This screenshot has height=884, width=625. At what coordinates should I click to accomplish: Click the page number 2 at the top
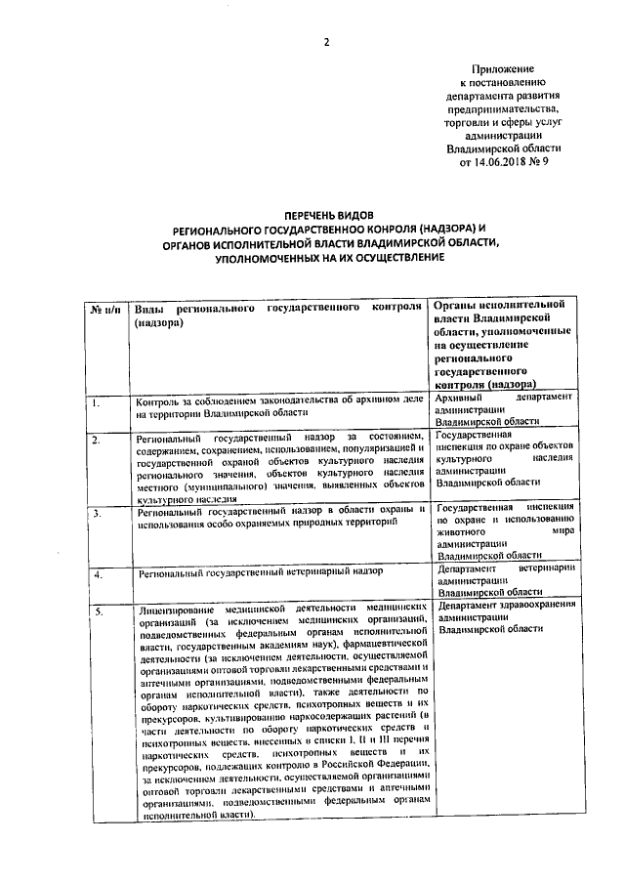pyautogui.click(x=327, y=41)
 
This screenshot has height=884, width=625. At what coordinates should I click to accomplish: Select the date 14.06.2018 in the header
pyautogui.click(x=493, y=163)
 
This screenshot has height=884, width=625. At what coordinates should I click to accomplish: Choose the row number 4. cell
pyautogui.click(x=97, y=574)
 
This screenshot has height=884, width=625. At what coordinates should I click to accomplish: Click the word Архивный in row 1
pyautogui.click(x=463, y=399)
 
